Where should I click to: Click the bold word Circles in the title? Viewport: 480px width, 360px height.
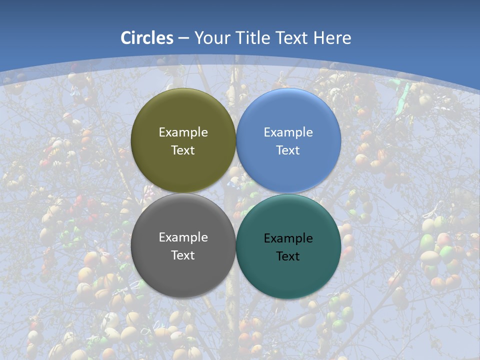pyautogui.click(x=147, y=38)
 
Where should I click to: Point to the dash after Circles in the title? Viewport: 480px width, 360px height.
pyautogui.click(x=183, y=38)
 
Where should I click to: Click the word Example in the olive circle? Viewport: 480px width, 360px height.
pyautogui.click(x=183, y=132)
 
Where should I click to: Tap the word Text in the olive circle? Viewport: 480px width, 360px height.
pyautogui.click(x=183, y=150)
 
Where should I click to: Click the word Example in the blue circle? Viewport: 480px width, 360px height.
pyautogui.click(x=288, y=132)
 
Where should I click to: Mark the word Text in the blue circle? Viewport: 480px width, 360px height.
pyautogui.click(x=288, y=150)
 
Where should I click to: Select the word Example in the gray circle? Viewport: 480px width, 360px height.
pyautogui.click(x=183, y=237)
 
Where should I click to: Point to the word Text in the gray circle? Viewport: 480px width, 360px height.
pyautogui.click(x=183, y=255)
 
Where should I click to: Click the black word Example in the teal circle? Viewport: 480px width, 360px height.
pyautogui.click(x=288, y=238)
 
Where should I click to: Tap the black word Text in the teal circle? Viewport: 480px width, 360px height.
pyautogui.click(x=288, y=256)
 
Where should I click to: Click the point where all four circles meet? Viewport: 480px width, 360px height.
pyautogui.click(x=236, y=193)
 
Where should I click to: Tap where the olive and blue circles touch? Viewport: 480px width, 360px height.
pyautogui.click(x=236, y=140)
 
